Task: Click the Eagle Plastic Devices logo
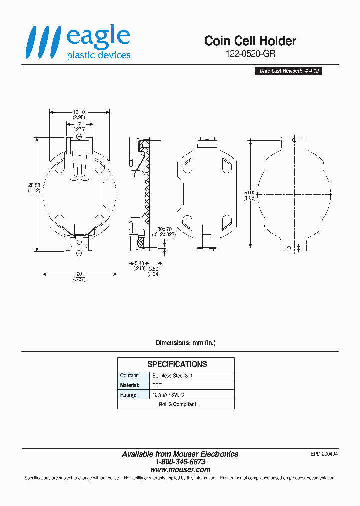(78, 44)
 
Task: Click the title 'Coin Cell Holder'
(250, 41)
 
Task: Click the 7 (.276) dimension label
(79, 127)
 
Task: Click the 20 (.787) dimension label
(79, 276)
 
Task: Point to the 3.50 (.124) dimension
(153, 272)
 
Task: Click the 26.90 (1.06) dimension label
(250, 195)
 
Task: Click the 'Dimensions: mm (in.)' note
(185, 343)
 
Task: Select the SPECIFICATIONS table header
(177, 364)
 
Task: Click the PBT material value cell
(157, 385)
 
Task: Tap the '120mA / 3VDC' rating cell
(168, 395)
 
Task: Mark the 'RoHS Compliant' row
(177, 404)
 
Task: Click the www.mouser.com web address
(180, 470)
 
